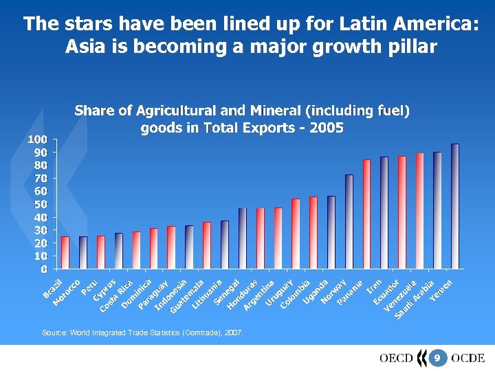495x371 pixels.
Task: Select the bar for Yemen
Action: point(455,205)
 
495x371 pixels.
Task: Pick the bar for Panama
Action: point(366,214)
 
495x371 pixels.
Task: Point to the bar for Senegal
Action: point(243,238)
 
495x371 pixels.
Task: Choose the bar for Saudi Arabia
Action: point(437,210)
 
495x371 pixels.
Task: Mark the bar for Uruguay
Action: point(296,234)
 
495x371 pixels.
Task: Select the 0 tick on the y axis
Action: point(43,269)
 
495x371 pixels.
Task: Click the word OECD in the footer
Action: point(396,358)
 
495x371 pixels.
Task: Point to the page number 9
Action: point(436,358)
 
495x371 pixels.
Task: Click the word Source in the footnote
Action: point(54,333)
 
